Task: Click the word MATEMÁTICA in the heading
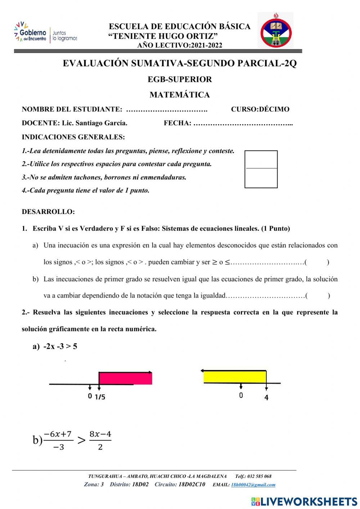coord(180,95)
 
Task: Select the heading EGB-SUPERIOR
coord(180,79)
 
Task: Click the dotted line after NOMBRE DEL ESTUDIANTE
coord(167,110)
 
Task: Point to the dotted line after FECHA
coord(243,123)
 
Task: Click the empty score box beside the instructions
coord(261,169)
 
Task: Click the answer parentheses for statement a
coord(317,262)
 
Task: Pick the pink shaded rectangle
coord(125,379)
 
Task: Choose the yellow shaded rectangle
coord(235,376)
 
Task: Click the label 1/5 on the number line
coord(100,397)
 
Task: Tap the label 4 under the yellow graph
coord(266,398)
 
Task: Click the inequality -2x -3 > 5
coord(60,347)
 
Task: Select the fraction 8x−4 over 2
coord(100,440)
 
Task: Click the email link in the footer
coord(253,485)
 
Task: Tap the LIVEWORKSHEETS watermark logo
coord(304,501)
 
